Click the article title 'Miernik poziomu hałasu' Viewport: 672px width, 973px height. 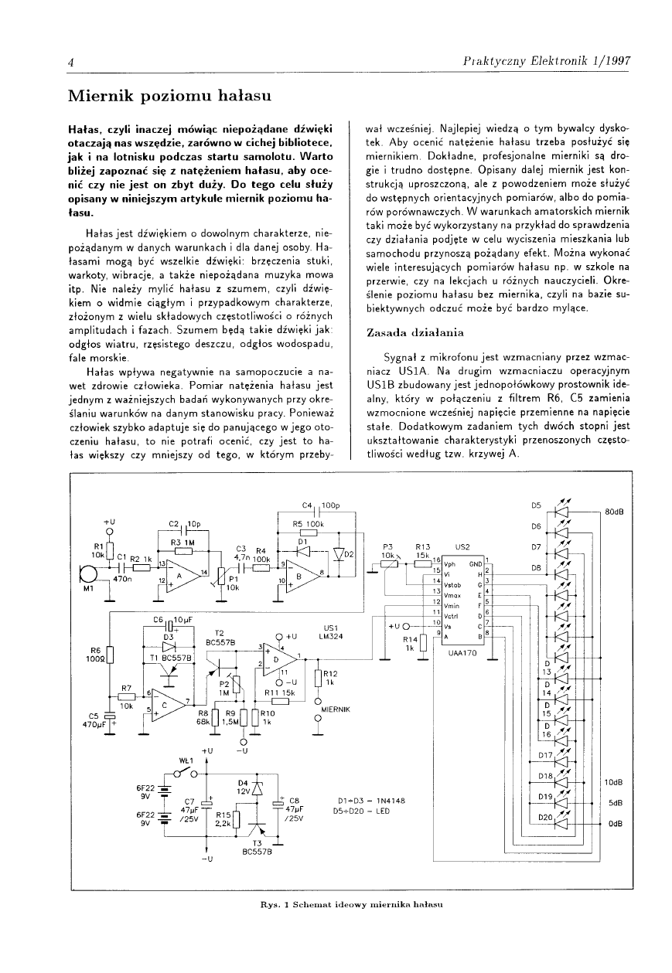169,96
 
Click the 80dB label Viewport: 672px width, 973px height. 615,512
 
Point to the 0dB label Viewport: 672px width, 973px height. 616,823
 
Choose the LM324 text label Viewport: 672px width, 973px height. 333,635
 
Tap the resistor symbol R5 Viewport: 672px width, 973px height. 308,532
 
